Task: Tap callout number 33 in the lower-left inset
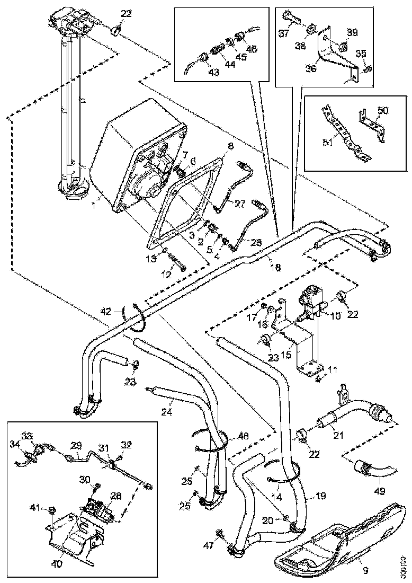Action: click(25, 436)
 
